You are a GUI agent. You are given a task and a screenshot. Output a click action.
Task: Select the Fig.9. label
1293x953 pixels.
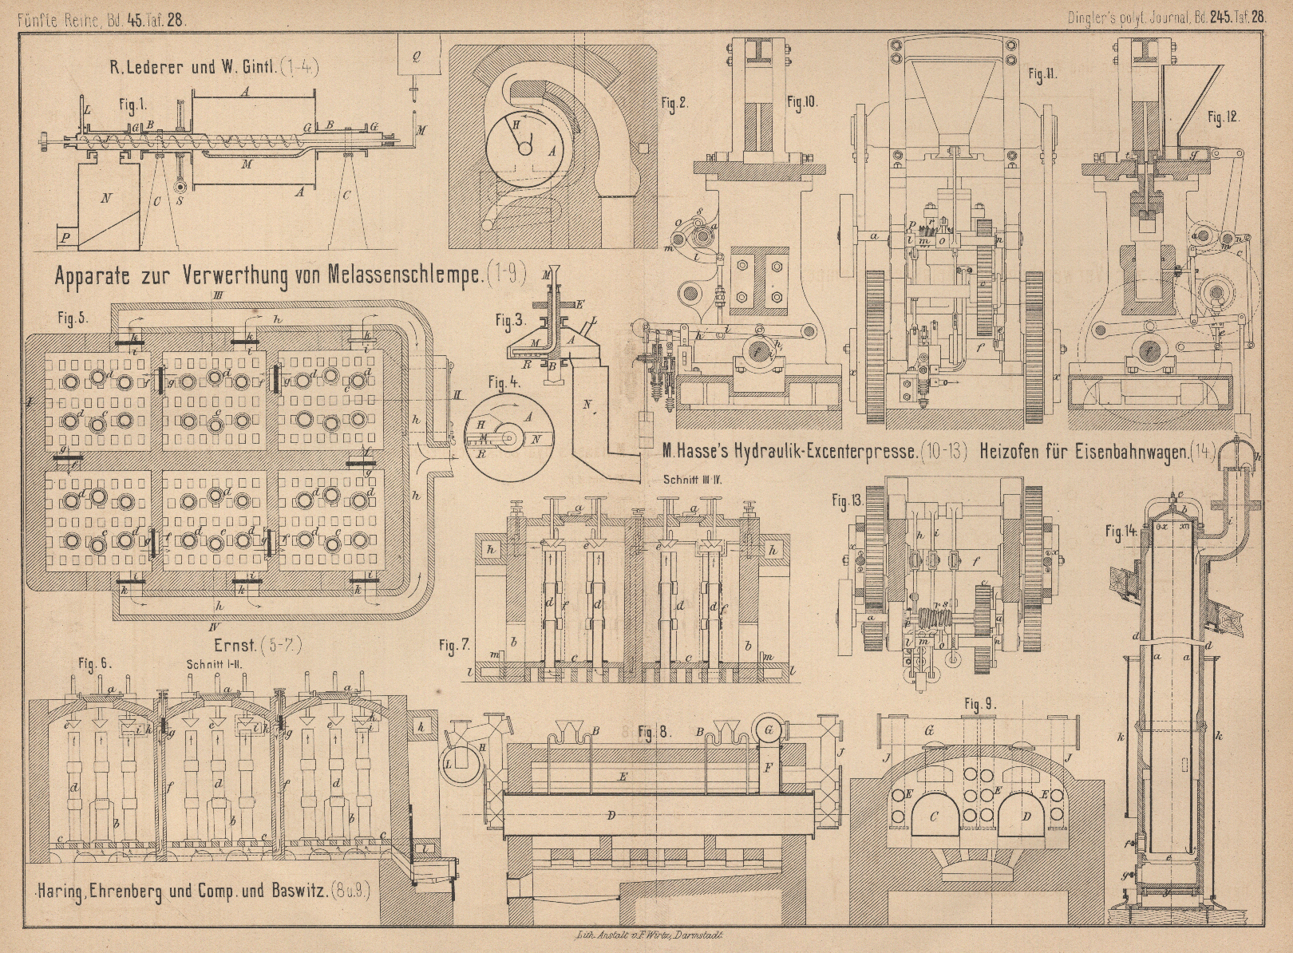[980, 704]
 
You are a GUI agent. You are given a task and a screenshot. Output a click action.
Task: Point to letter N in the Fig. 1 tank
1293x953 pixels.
[106, 199]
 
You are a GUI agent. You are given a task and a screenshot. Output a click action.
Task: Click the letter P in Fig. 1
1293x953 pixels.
[65, 237]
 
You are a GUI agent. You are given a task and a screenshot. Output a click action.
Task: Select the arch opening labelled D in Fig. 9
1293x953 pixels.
[1026, 815]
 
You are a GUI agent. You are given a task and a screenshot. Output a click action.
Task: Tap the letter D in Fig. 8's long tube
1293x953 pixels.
[611, 815]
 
